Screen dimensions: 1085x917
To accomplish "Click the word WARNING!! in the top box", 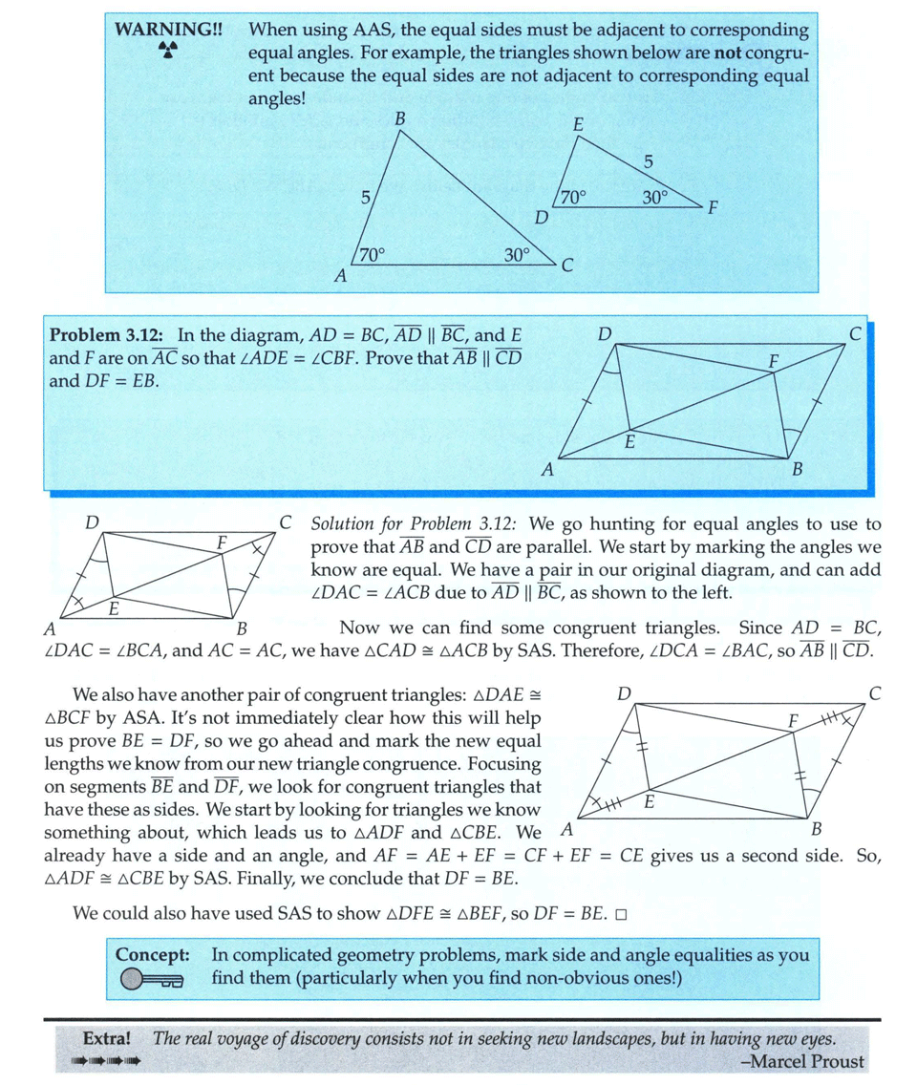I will [x=158, y=30].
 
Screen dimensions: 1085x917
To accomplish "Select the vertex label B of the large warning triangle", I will [x=399, y=118].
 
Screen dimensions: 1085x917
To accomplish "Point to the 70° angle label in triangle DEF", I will [x=572, y=198].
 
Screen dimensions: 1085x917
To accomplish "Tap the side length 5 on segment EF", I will [x=649, y=161].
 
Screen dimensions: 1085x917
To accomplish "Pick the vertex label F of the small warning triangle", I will [x=713, y=208].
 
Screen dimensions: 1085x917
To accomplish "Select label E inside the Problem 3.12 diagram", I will [x=629, y=441].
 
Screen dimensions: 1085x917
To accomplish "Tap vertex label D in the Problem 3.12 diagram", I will [x=604, y=333].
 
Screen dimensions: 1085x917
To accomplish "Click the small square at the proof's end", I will [x=620, y=913].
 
